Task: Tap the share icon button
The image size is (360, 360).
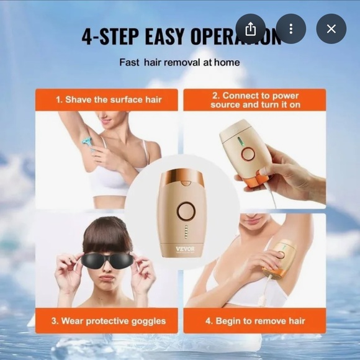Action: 251,29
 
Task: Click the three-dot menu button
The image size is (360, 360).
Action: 290,29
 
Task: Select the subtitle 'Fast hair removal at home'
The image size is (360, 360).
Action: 179,62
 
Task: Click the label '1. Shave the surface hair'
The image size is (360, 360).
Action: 106,99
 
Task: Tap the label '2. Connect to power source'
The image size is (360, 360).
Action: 254,99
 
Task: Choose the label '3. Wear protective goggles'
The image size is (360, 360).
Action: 106,321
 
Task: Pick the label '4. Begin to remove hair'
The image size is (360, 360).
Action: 254,321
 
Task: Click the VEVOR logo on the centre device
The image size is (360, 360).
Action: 185,249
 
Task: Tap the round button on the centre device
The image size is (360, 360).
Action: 185,212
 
